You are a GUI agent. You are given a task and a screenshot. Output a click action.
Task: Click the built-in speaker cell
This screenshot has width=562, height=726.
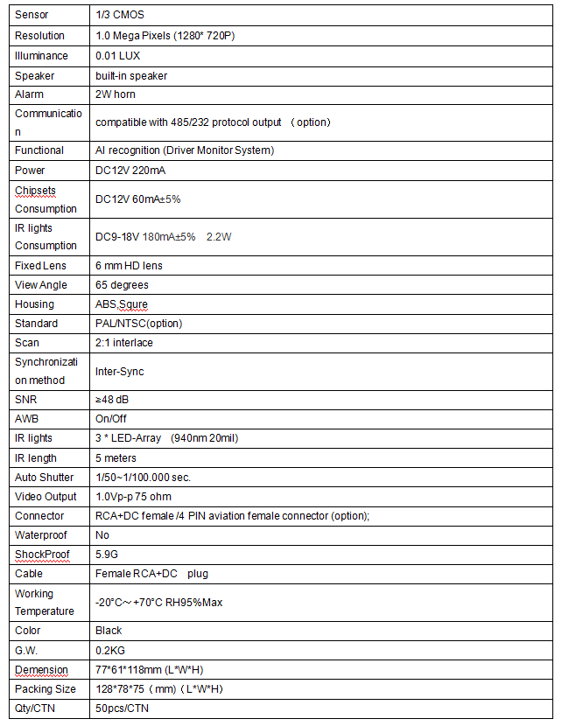coord(131,75)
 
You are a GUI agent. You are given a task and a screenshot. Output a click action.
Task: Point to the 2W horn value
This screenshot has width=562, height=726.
coord(116,94)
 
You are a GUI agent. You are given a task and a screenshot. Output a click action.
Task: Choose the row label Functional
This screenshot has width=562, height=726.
coord(39,150)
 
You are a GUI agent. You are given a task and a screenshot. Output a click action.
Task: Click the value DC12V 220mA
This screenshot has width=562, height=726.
coord(130,171)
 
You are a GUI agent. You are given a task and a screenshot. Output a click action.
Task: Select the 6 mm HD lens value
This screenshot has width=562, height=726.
coord(130,266)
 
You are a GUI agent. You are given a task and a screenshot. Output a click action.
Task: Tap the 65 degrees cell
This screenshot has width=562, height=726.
coord(123,285)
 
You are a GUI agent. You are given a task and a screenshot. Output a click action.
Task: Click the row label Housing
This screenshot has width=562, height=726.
coord(34,304)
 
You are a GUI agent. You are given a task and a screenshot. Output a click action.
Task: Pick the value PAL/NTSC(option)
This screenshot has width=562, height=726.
coord(139,324)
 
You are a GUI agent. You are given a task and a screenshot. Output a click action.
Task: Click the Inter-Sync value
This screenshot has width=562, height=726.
coord(120,372)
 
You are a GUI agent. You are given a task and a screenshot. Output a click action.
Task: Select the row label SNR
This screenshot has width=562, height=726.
coord(26,400)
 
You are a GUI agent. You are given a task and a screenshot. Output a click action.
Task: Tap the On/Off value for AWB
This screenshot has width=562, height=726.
coord(111,419)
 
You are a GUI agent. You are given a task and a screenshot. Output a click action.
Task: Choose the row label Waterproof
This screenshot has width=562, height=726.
coord(41,534)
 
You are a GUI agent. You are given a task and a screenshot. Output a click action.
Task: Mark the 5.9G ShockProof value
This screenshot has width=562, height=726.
coord(107,555)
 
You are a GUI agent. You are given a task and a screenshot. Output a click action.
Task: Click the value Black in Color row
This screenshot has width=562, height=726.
coord(109,631)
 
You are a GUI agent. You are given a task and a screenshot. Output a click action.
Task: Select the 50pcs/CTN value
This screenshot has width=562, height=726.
coord(123,709)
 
